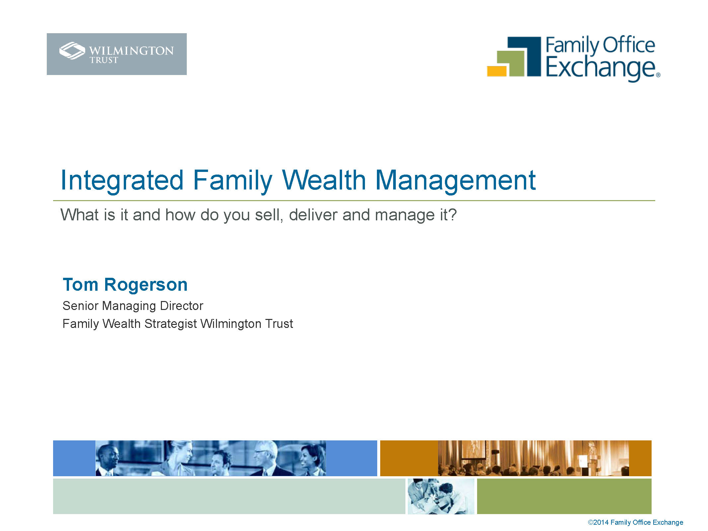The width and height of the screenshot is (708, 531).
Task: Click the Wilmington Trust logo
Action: click(x=116, y=54)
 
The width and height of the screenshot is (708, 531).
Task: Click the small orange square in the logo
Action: click(x=497, y=71)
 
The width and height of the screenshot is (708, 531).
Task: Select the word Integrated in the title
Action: click(x=122, y=181)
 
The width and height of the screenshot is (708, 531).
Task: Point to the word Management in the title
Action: click(x=456, y=181)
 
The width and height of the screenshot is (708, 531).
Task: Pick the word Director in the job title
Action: click(x=181, y=306)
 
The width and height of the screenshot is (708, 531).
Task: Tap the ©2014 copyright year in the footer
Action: click(x=598, y=522)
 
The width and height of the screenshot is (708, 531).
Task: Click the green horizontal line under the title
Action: click(x=354, y=200)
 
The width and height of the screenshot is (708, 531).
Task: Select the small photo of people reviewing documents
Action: click(x=441, y=496)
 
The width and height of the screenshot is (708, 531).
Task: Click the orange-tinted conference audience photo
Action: click(x=533, y=458)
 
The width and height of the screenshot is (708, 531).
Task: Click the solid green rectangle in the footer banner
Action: click(x=564, y=496)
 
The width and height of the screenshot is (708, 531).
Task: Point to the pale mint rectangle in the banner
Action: click(x=229, y=496)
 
